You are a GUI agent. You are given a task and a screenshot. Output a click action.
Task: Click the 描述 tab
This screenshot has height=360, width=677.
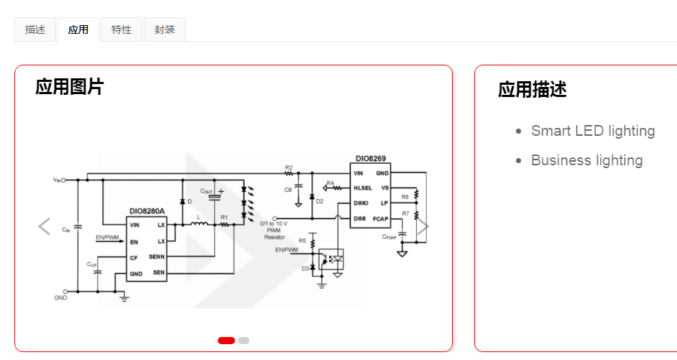[x=35, y=29]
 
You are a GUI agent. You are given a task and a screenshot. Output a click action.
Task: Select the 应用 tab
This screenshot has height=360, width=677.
[x=78, y=29]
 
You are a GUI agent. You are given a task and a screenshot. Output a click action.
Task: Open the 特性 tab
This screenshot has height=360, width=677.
[x=121, y=29]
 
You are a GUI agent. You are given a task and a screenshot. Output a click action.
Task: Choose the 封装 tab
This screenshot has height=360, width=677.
[x=165, y=29]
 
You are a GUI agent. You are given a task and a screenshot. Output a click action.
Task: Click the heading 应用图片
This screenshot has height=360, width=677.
[x=70, y=87]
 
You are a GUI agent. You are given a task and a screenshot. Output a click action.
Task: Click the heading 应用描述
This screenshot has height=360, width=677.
[x=533, y=90]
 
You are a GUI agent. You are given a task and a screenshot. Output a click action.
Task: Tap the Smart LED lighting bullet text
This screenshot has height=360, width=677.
[x=593, y=131]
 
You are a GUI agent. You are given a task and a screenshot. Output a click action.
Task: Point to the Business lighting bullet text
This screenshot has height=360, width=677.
[x=586, y=160]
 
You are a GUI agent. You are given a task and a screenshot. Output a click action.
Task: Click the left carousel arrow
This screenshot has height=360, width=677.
[x=44, y=226]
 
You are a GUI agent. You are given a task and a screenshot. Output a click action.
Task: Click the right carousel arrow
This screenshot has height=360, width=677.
[x=423, y=226]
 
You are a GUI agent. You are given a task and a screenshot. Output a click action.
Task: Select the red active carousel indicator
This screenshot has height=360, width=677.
[x=226, y=341]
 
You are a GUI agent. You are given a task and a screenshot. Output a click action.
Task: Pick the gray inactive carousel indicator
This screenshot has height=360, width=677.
[x=244, y=341]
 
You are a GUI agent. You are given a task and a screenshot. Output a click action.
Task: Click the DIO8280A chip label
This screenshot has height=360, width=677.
[x=147, y=212]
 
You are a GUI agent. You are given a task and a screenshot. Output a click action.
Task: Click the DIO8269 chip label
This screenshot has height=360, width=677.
[x=370, y=159]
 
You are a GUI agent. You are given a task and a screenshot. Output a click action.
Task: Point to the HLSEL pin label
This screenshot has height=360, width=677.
[x=362, y=188]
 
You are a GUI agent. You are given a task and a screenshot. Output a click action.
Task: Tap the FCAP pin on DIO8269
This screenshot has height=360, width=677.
[x=380, y=218]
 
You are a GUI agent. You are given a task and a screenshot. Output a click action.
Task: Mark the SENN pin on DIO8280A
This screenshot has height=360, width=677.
[x=157, y=257]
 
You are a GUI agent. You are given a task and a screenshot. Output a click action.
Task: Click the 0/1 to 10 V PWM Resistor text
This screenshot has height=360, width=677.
[x=275, y=230]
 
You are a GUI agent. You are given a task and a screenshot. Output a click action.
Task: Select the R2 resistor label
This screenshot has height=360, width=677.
[x=289, y=167]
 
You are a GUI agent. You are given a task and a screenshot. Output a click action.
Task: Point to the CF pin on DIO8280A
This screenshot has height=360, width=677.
[x=134, y=257]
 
